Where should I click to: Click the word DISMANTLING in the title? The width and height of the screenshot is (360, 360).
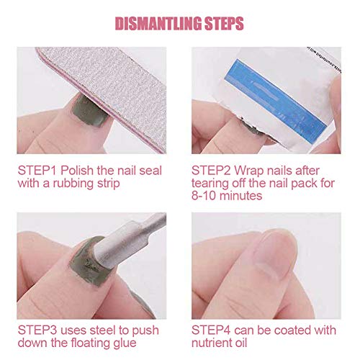point(158,24)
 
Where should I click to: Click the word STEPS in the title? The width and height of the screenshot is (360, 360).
point(224,24)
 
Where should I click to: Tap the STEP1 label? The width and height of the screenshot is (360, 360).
point(37,171)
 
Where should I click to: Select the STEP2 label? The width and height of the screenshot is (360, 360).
point(211,171)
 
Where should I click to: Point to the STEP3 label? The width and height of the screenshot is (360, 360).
point(37,330)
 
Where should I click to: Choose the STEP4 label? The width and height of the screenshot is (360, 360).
point(211,330)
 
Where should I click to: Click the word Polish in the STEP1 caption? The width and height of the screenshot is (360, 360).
point(77,171)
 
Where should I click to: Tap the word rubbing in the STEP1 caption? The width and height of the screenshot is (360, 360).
point(73,184)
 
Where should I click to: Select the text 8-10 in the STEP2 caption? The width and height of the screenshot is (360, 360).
point(204,196)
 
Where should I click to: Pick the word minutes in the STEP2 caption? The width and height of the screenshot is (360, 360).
point(240,196)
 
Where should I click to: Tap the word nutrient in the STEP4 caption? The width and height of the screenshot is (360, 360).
point(212,343)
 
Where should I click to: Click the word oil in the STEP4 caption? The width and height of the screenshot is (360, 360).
point(240,343)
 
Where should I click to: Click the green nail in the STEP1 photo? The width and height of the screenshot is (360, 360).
point(89,111)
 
